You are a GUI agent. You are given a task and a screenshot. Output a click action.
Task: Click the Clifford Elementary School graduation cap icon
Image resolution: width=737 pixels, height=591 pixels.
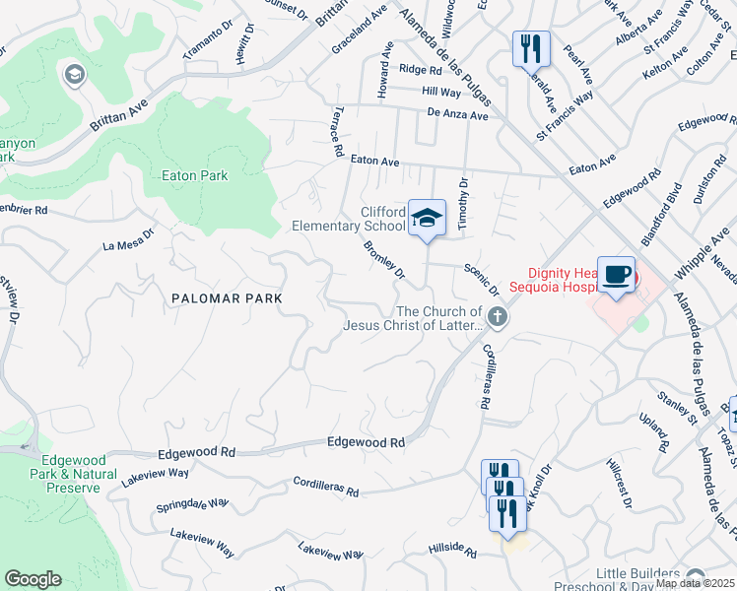tap(428, 218)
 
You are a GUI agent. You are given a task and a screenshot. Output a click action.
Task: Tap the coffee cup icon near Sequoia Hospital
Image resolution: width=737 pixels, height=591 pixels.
tap(616, 275)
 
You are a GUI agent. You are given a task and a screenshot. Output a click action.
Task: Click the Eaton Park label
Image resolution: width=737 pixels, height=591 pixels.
tap(194, 176)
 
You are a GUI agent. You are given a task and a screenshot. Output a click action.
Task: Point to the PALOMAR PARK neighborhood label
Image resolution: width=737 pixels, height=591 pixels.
tap(227, 297)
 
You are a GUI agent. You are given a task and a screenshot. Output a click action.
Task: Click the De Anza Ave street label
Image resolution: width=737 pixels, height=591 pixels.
tap(458, 115)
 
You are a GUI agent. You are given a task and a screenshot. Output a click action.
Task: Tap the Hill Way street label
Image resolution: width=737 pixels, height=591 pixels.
tap(441, 92)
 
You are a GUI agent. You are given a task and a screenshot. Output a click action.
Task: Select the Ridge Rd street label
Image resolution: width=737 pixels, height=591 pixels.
tap(421, 69)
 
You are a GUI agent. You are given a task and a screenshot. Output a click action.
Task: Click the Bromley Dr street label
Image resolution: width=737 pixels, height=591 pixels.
tap(384, 259)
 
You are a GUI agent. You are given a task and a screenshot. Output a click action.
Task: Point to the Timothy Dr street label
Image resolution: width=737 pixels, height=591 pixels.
tap(461, 204)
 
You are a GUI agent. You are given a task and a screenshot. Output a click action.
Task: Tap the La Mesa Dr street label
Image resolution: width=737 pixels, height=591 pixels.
tap(129, 240)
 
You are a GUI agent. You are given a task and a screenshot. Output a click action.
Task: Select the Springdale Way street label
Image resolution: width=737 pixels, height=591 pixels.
tap(192, 506)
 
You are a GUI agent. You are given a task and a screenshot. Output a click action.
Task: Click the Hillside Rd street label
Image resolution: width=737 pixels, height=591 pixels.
tap(452, 547)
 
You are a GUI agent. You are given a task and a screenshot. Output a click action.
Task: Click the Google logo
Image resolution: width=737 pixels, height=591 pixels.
tap(33, 579)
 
